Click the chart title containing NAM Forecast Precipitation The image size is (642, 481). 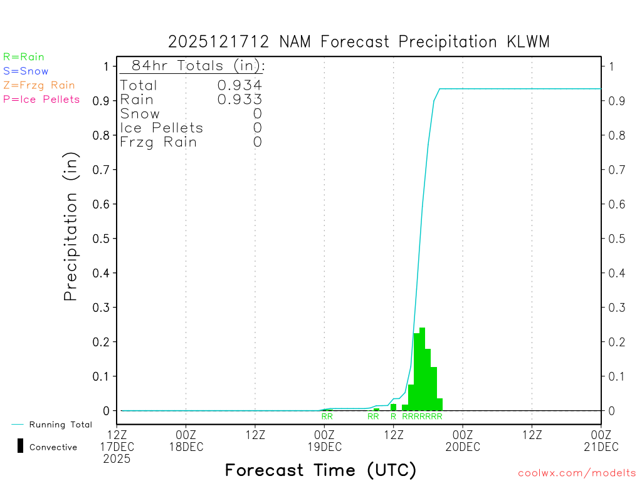359,42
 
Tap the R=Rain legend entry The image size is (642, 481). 24,57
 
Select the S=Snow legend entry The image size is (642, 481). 26,71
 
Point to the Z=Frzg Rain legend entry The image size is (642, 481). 39,85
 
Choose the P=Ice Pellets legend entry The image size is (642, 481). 41,99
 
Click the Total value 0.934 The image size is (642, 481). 239,86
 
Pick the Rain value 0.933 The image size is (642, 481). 239,100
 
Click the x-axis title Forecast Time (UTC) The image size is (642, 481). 320,470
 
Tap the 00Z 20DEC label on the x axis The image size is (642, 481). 463,441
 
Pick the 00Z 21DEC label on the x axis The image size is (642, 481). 601,441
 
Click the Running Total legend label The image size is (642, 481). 61,425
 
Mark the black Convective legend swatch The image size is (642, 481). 20,446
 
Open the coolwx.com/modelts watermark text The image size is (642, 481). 577,473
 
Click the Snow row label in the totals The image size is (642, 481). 140,114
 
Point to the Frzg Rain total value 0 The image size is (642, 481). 257,142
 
